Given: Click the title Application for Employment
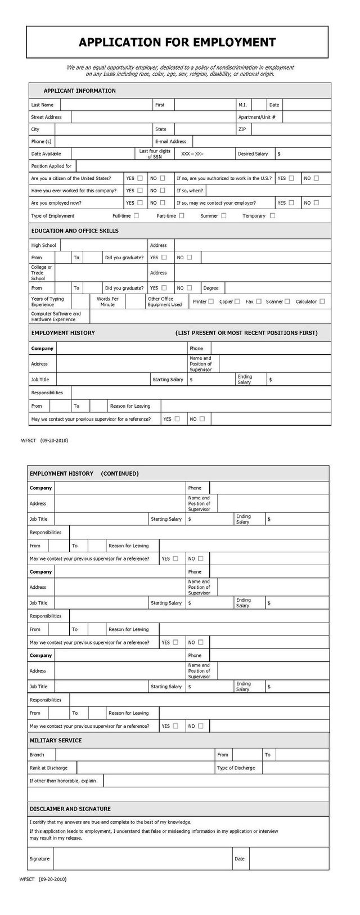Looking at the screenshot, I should [177, 42].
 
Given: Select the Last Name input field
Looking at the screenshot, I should [106, 105].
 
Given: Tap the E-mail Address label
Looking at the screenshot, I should [170, 141].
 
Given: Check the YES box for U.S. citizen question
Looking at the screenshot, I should [140, 178].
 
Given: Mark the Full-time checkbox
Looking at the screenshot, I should [137, 215].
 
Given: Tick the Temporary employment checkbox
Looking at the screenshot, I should [272, 215].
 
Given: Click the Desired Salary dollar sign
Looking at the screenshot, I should [279, 154].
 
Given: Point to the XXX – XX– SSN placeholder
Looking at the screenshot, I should [192, 154].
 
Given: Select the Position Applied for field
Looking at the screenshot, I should [202, 166].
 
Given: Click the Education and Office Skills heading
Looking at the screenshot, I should [75, 231].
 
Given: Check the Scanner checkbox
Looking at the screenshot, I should [287, 301].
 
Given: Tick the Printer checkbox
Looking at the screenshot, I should [211, 301].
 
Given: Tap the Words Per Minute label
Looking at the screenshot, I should [107, 301].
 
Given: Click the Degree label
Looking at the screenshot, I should [211, 288].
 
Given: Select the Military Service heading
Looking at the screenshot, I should [56, 740].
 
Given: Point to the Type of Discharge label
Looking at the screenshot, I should [236, 768].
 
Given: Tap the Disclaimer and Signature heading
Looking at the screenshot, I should [70, 809].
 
